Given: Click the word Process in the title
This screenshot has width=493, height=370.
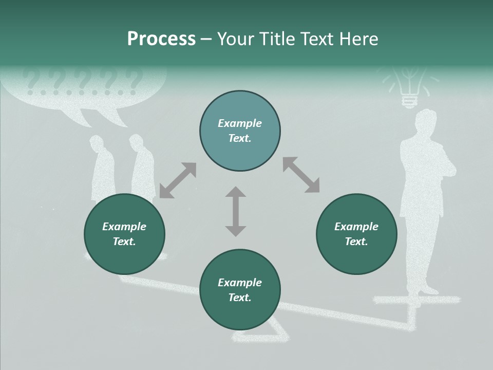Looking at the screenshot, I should tap(161, 39).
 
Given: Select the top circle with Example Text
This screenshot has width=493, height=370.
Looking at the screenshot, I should tap(240, 131).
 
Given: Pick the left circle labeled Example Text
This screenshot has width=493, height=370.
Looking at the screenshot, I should tap(124, 234).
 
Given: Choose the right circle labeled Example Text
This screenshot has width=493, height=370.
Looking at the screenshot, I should tap(356, 234).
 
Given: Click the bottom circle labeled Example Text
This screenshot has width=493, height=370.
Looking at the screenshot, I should tap(240, 290).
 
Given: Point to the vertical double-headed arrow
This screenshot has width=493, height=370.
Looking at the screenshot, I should tap(236, 211).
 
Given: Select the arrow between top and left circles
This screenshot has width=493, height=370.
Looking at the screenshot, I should tap(178, 180).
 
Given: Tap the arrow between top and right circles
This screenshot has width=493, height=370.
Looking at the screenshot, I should tap(301, 175).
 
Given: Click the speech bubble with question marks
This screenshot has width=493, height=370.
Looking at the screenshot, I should tap(85, 92).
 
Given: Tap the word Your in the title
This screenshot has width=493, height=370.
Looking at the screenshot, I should tap(235, 39).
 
